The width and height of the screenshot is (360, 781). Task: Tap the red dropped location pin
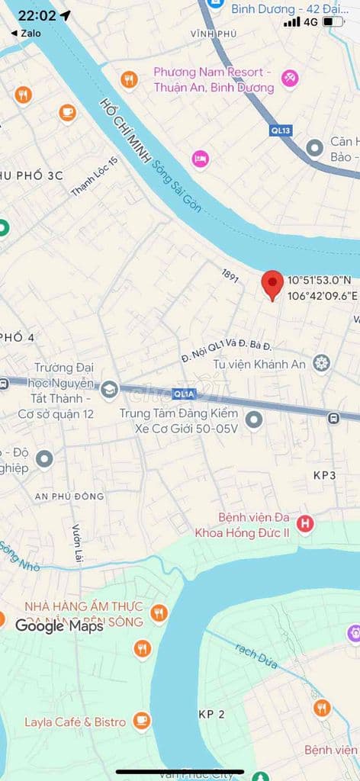(x=272, y=284)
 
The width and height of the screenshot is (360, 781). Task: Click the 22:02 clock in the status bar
(x=37, y=15)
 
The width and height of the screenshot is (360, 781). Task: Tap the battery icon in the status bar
(x=333, y=21)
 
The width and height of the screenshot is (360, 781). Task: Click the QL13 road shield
(x=281, y=130)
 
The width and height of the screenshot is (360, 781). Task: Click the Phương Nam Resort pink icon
(x=289, y=79)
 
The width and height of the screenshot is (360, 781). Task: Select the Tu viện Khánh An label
(x=259, y=364)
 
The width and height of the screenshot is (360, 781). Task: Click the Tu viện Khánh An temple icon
(x=322, y=364)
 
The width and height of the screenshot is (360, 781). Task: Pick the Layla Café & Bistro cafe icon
(x=141, y=721)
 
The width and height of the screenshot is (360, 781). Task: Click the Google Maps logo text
(x=59, y=626)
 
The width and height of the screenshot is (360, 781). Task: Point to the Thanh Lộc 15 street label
(x=95, y=176)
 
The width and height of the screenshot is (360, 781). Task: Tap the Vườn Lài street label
(x=77, y=544)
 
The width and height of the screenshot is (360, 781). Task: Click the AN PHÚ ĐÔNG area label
(x=69, y=497)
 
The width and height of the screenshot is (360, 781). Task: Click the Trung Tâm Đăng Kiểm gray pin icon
(x=253, y=419)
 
